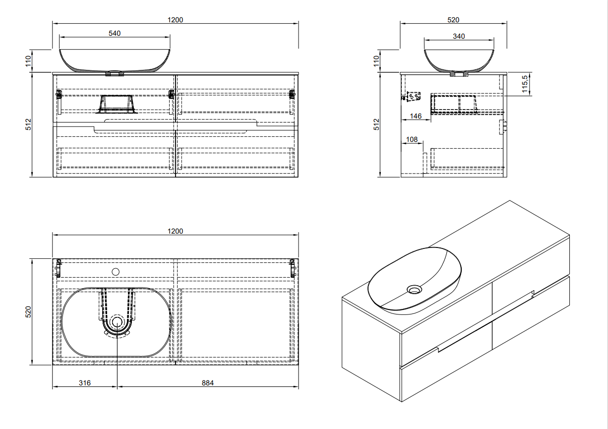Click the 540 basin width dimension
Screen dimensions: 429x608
[115, 33]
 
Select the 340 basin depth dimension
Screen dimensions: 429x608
[459, 36]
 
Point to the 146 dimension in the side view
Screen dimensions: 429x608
[415, 117]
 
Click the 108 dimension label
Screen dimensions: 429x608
[412, 140]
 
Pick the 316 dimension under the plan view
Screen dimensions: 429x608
[84, 383]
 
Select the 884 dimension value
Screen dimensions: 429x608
[208, 383]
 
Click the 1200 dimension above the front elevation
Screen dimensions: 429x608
[176, 20]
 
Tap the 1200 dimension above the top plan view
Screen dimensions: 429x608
[176, 231]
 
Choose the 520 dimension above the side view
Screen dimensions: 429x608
[453, 20]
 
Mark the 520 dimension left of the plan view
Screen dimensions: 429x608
[29, 312]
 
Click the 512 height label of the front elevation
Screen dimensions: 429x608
[29, 124]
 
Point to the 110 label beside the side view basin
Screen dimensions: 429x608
[376, 61]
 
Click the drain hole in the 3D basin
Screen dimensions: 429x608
[413, 289]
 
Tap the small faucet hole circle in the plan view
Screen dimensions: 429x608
[116, 271]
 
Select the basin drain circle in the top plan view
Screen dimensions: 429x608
[117, 322]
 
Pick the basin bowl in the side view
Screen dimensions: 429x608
[459, 60]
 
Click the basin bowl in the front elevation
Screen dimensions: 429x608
[115, 60]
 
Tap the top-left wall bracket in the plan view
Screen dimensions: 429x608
[58, 268]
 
